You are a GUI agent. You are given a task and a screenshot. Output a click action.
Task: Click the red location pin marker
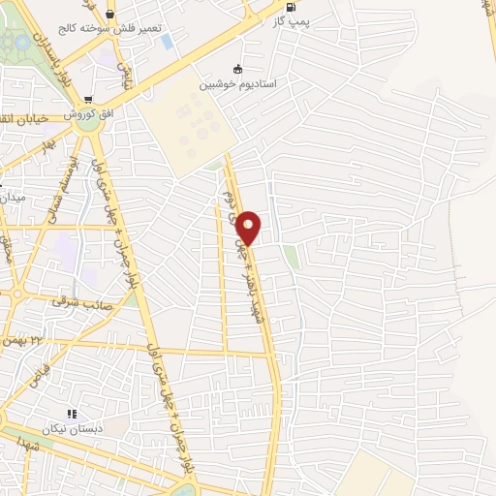tap(249, 228)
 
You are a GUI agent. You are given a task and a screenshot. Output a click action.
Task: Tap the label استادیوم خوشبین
tap(238, 84)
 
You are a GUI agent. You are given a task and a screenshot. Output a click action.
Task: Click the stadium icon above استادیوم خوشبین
tap(238, 68)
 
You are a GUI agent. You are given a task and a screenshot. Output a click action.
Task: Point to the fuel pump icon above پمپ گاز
tap(291, 5)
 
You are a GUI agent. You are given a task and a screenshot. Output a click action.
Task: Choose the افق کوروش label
tap(91, 114)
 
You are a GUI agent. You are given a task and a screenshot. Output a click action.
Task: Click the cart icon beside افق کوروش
tap(88, 99)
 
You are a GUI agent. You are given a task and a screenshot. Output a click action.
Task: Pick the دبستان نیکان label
tap(71, 428)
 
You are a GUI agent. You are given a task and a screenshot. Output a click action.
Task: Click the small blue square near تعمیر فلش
tap(168, 42)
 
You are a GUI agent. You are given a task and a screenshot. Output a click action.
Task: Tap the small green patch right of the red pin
tap(291, 257)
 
